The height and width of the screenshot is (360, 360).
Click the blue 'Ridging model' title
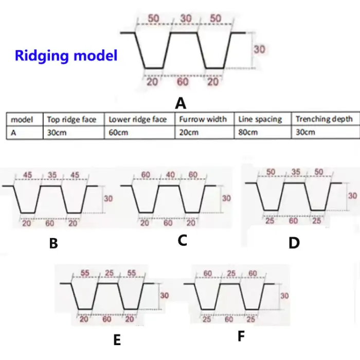[x=66, y=55]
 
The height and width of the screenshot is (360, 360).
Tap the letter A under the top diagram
[x=181, y=103]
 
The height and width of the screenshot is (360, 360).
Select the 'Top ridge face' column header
[x=72, y=119]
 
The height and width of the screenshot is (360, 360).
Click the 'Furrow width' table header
[x=203, y=119]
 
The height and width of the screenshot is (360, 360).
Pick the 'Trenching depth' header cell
[x=324, y=119]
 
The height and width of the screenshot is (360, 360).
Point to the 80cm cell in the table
[x=247, y=132]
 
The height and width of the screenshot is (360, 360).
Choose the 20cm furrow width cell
[x=188, y=132]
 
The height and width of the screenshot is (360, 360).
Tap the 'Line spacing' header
[x=260, y=119]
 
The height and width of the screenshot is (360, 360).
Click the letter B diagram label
[x=53, y=243]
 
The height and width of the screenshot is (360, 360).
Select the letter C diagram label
[x=182, y=240]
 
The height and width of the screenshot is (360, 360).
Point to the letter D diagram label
[x=294, y=243]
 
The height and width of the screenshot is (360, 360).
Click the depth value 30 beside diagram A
[x=260, y=50]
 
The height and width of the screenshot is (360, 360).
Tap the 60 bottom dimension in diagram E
[x=107, y=319]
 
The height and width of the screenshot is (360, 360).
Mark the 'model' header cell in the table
[x=22, y=119]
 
